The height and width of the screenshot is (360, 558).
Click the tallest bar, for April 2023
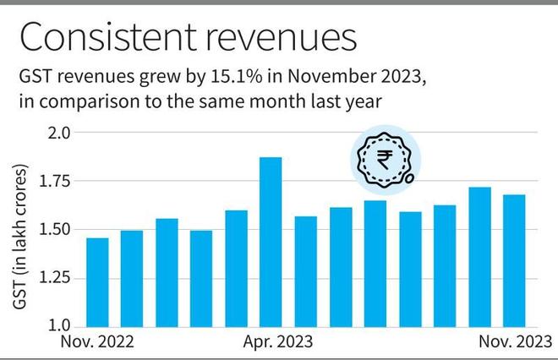pyautogui.click(x=271, y=242)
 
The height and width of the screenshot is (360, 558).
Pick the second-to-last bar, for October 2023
pyautogui.click(x=479, y=257)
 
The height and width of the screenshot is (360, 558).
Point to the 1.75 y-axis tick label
pyautogui.click(x=57, y=181)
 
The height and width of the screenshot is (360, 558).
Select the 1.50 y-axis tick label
pyautogui.click(x=57, y=230)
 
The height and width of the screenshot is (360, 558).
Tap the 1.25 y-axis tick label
pyautogui.click(x=57, y=278)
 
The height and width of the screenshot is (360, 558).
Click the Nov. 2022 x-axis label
pyautogui.click(x=97, y=342)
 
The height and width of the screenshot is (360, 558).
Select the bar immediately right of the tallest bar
pyautogui.click(x=305, y=271)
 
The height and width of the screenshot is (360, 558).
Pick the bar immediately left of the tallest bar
pyautogui.click(x=236, y=268)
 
